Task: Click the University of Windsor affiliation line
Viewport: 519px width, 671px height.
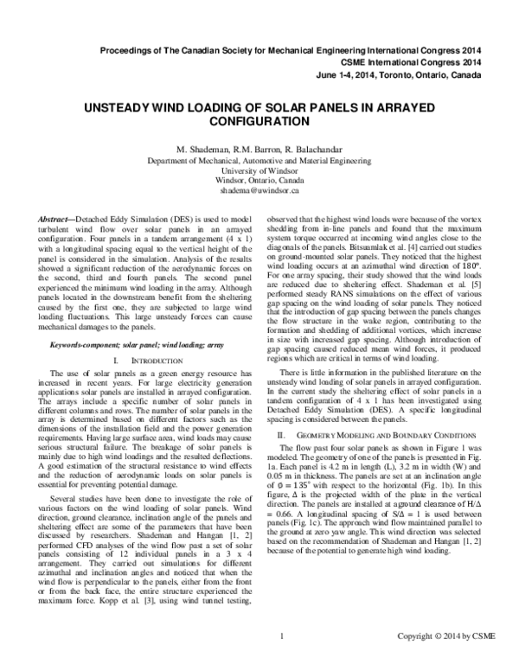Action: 259,171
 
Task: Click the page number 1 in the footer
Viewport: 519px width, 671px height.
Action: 282,661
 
